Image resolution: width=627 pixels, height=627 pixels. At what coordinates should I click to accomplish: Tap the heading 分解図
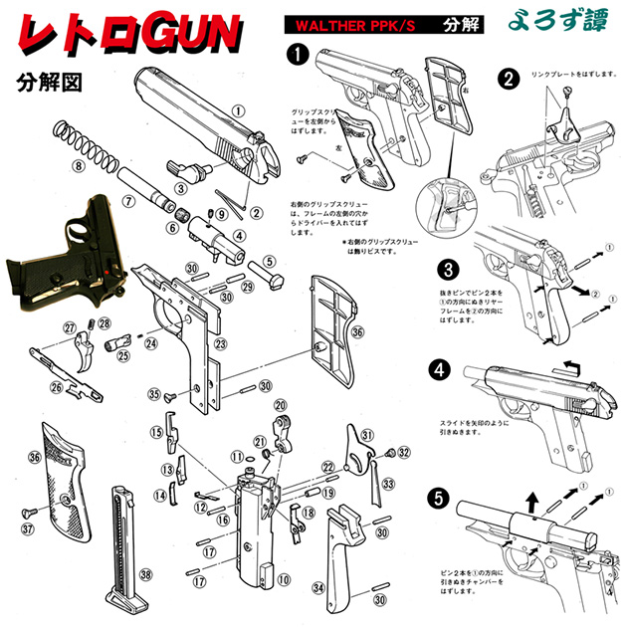pos(44,84)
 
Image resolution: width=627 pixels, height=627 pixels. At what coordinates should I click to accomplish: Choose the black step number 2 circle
pos(510,78)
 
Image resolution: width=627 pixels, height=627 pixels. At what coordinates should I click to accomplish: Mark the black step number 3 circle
pos(450,269)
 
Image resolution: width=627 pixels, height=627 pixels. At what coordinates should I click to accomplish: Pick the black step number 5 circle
pos(450,496)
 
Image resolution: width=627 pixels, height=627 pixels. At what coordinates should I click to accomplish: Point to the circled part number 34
pos(317,588)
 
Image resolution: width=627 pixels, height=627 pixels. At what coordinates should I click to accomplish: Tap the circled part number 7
pos(128,200)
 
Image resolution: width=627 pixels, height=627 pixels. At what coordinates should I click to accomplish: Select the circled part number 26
pos(58,387)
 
